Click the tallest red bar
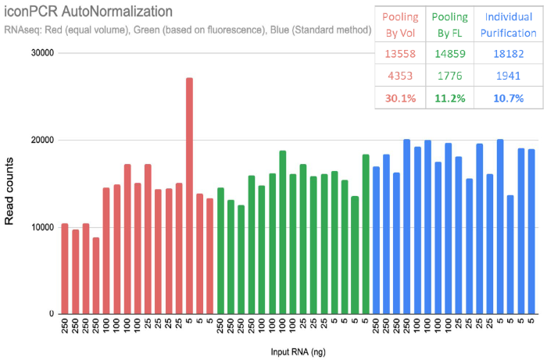pyautogui.click(x=189, y=195)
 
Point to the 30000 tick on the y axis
pyautogui.click(x=41, y=53)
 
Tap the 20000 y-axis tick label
pyautogui.click(x=41, y=141)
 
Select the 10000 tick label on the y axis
pyautogui.click(x=41, y=227)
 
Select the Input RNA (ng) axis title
pyautogui.click(x=299, y=353)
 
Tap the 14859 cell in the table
pyautogui.click(x=453, y=55)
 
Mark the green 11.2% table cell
pyautogui.click(x=453, y=98)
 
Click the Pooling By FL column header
pyautogui.click(x=453, y=23)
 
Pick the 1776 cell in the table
pyautogui.click(x=453, y=77)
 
